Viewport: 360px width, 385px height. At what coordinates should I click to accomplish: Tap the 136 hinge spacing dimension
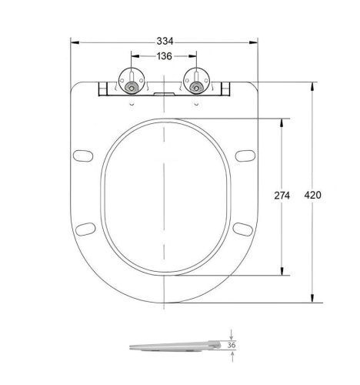(164, 55)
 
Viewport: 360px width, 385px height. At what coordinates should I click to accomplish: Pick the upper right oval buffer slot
(246, 156)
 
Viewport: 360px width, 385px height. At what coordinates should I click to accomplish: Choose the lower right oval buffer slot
(242, 229)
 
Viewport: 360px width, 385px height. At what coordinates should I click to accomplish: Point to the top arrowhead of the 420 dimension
(312, 86)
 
